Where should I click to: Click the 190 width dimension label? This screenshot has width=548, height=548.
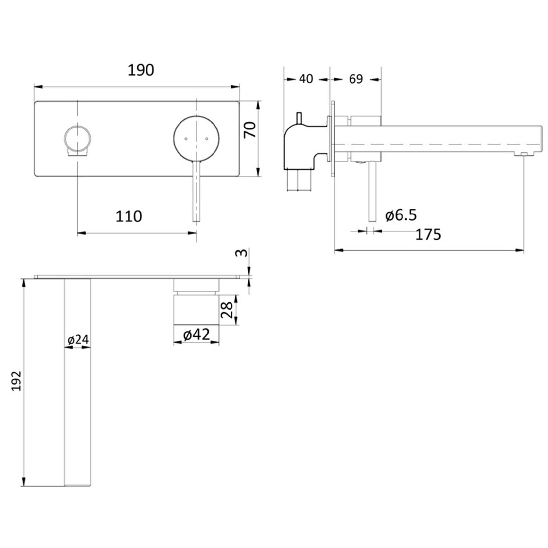point(141,70)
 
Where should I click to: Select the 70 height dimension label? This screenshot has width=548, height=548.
point(250,129)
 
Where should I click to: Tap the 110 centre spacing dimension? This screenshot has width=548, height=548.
point(129,216)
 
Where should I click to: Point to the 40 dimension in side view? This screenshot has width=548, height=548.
point(306,79)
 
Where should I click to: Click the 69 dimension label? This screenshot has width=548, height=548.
point(356,79)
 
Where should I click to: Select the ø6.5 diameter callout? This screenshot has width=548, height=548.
point(401,215)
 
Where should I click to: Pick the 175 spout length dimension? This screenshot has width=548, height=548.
point(428,234)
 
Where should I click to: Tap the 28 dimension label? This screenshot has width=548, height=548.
point(227,310)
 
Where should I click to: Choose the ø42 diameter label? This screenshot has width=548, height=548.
point(197,334)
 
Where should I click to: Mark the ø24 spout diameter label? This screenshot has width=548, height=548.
point(78,340)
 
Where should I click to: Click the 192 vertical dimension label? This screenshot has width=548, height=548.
point(16,381)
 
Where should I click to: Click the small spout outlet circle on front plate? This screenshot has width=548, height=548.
point(77,137)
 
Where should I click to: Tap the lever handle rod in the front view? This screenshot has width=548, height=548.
point(196,193)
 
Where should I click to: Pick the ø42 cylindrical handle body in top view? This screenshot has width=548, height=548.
point(196,309)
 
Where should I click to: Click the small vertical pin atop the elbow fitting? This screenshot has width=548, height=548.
point(299,118)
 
